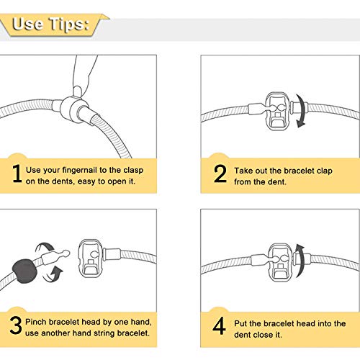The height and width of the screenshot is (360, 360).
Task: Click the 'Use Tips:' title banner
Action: pos(54,25)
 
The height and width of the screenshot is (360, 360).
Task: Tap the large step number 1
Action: pos(17,174)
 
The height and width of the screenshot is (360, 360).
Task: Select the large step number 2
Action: pos(220,174)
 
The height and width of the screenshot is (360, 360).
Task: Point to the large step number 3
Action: pos(16,325)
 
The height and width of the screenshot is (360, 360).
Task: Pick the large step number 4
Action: pos(219,325)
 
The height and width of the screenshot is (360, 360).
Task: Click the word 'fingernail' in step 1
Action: pos(80,170)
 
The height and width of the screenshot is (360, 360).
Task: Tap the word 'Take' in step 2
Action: pos(243,171)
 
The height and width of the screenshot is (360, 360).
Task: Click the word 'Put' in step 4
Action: pos(240,323)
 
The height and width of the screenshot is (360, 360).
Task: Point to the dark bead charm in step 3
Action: pos(25,271)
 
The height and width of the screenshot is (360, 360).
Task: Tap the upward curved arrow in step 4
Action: pos(300,261)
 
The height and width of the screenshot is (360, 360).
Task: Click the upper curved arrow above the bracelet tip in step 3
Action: pos(45,248)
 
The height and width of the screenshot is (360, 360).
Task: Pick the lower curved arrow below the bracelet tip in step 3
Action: pos(53,274)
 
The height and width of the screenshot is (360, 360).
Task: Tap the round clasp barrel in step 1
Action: pos(71,109)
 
